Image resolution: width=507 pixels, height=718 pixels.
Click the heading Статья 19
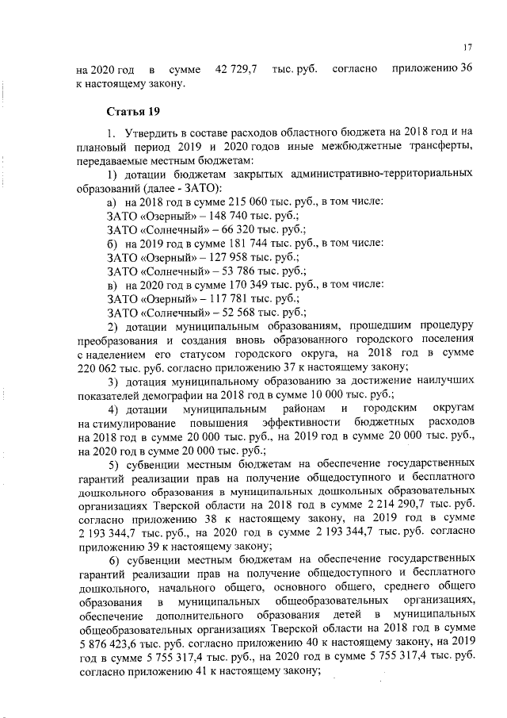130,110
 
